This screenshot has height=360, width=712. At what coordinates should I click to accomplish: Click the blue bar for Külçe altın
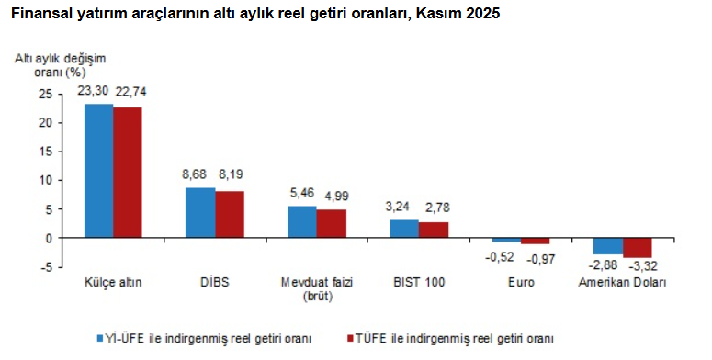99,171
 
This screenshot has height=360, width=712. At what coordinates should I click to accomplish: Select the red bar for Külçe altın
128,173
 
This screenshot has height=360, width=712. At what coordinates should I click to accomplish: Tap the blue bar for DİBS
200,213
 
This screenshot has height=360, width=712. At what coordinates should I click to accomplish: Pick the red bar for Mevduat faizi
331,224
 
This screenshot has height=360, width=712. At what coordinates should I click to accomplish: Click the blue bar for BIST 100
404,229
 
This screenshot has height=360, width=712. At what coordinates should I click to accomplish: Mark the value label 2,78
434,207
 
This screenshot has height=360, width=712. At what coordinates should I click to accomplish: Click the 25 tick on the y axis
46,94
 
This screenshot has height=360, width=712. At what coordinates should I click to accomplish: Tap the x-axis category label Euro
520,283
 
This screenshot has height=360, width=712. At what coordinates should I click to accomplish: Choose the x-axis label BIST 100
419,283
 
